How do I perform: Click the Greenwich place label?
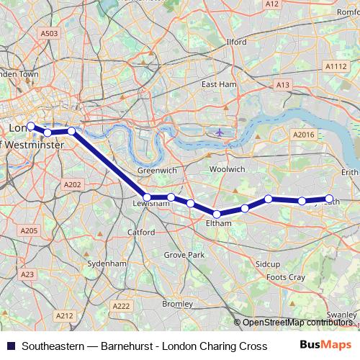(157, 171)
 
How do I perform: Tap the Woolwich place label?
(227, 169)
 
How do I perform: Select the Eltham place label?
(218, 223)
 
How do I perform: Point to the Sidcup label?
(268, 264)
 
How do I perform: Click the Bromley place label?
(177, 304)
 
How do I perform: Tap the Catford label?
(142, 233)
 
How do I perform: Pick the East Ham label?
(219, 84)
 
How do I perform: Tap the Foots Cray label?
(286, 277)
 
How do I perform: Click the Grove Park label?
(184, 255)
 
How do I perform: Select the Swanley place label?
(341, 315)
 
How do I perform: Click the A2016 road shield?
(304, 135)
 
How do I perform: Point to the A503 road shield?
(49, 33)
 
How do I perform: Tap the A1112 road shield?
(336, 66)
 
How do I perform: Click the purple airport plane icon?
(219, 132)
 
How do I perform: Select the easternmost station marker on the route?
(330, 199)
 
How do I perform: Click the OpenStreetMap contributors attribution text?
(296, 323)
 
